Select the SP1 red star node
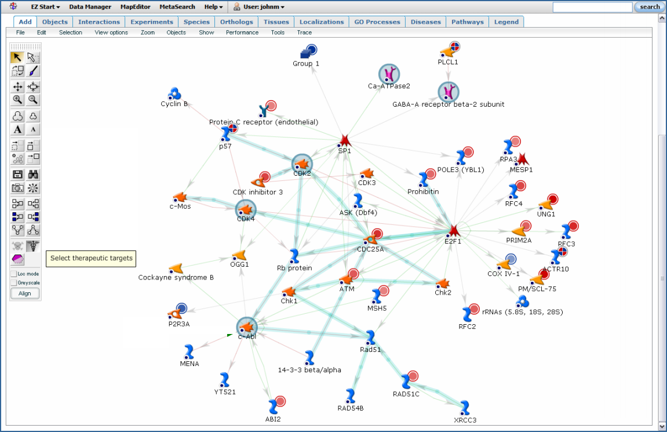[345, 140]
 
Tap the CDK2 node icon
[302, 165]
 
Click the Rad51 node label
[370, 350]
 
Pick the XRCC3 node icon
[464, 407]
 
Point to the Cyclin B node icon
[174, 93]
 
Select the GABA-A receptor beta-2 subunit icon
[448, 92]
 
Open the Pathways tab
[467, 22]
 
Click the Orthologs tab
[236, 22]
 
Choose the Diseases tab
[425, 22]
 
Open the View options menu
[111, 32]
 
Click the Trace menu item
[304, 32]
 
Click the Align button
[25, 293]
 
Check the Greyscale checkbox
[14, 283]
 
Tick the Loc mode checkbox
[14, 274]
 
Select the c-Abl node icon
[247, 326]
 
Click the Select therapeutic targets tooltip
[91, 258]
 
